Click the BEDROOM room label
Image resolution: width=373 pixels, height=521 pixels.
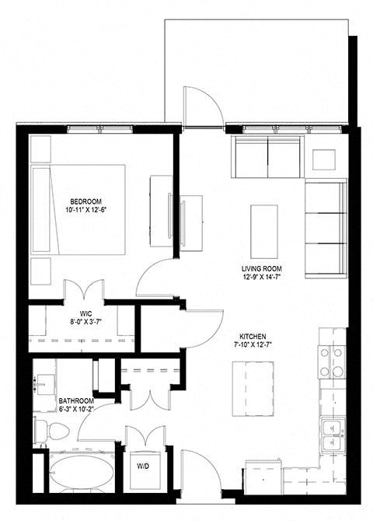click(85, 201)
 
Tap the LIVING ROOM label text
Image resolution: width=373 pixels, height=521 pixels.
click(262, 269)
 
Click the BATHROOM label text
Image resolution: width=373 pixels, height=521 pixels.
click(76, 401)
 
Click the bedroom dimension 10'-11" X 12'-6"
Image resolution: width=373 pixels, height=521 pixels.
click(88, 210)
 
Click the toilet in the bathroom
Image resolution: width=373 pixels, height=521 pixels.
click(52, 431)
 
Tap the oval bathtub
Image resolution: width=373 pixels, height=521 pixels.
click(82, 473)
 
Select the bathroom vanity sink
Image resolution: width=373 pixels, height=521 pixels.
click(45, 384)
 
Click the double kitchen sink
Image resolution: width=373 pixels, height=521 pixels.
click(333, 436)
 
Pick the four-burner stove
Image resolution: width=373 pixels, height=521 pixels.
click(332, 362)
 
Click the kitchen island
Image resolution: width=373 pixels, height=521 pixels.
click(253, 389)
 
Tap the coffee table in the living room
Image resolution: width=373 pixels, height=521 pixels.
click(264, 232)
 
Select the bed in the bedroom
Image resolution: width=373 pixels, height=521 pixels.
click(78, 210)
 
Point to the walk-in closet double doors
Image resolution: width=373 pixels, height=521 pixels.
click(84, 290)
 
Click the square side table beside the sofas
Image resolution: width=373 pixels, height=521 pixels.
click(324, 160)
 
